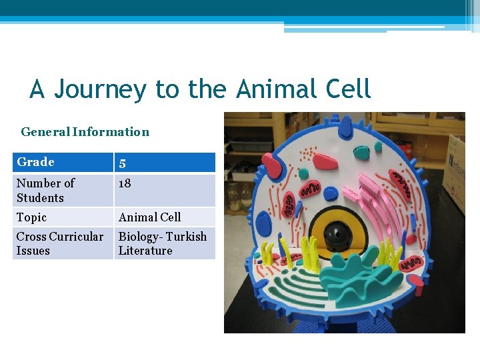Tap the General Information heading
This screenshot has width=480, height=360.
click(85, 131)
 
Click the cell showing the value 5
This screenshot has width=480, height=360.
click(123, 163)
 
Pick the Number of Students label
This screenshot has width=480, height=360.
click(45, 190)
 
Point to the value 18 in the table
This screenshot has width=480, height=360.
click(125, 183)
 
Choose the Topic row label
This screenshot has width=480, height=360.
click(31, 217)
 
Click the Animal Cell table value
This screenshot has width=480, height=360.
click(149, 217)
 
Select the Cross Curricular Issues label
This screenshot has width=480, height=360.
click(59, 243)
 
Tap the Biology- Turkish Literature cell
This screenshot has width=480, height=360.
click(162, 243)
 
